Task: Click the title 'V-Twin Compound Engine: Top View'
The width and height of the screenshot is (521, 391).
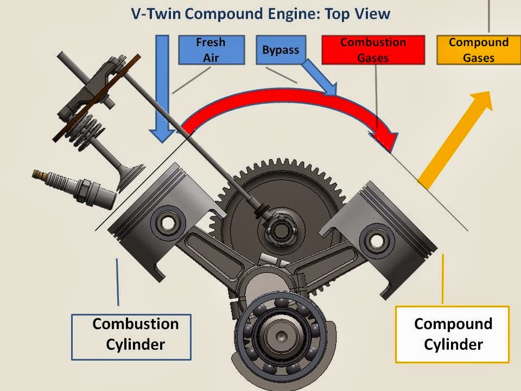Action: pos(260,14)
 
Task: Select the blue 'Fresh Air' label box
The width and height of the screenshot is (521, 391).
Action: pos(211,50)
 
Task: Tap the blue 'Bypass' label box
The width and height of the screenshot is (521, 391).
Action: pos(281,50)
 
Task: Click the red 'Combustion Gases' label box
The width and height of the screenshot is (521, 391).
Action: pos(372,50)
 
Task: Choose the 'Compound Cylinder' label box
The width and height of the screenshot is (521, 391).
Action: pos(453,334)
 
